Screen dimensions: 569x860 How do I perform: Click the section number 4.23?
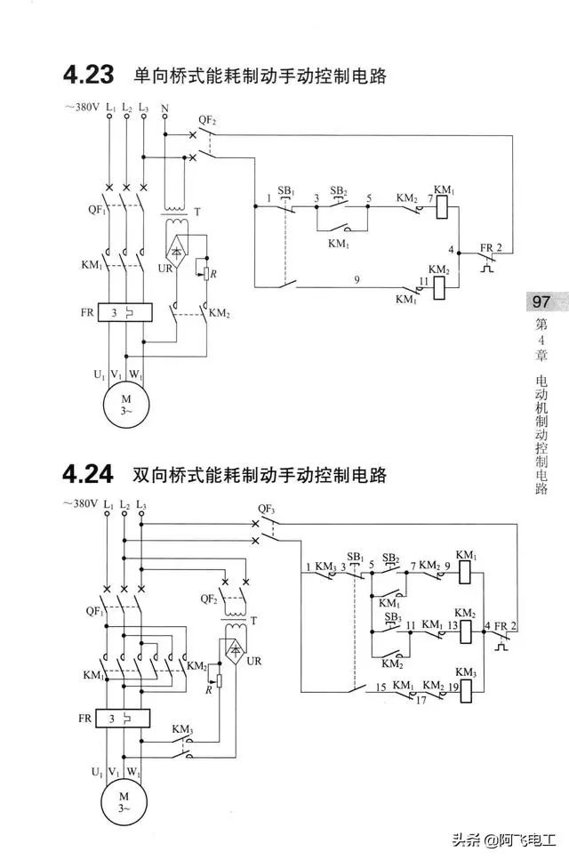tap(88, 75)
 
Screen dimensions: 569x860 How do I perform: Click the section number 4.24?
tap(88, 474)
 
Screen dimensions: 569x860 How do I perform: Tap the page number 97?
tap(541, 301)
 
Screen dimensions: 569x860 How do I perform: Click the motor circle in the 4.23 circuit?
tap(126, 405)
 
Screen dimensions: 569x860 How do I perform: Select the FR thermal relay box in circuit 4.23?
tap(124, 313)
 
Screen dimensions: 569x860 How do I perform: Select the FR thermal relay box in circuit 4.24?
tap(122, 719)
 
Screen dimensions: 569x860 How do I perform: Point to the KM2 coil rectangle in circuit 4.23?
tap(440, 287)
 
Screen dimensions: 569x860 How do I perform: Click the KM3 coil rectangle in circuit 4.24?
tap(466, 691)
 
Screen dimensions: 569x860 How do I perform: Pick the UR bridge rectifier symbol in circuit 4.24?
tap(236, 651)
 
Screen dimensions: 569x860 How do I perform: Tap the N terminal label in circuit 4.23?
tap(164, 109)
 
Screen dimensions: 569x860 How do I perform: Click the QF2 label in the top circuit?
tap(206, 119)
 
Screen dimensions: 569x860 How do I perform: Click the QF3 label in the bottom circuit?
tap(266, 509)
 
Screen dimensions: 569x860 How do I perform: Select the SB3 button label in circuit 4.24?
tap(392, 617)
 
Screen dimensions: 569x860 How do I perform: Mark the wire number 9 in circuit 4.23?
tap(357, 280)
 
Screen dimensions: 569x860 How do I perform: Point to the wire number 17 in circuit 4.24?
tap(421, 701)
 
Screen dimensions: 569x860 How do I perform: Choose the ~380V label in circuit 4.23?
tap(82, 107)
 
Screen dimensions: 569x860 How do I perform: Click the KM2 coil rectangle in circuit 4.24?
tap(466, 631)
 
